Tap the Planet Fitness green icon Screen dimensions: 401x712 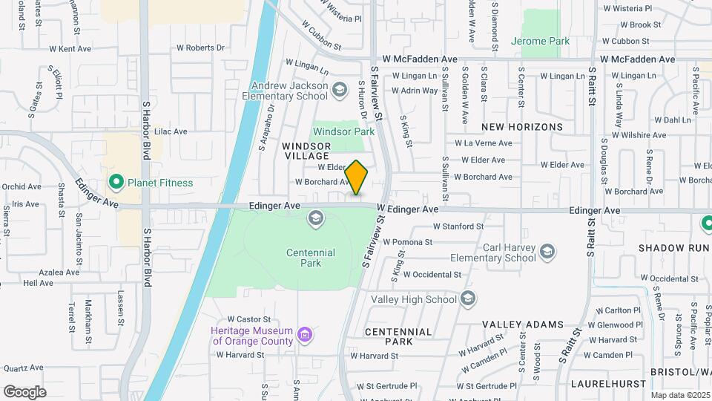(116, 182)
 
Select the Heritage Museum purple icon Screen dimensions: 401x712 (303, 336)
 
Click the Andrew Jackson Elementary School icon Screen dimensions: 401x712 (340, 90)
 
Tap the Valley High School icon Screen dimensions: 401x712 (468, 299)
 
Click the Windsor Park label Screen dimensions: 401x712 (343, 131)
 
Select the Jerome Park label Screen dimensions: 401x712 (541, 41)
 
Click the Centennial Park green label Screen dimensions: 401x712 (311, 258)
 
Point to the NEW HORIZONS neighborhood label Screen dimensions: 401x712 (522, 127)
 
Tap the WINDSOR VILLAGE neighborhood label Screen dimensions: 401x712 (306, 151)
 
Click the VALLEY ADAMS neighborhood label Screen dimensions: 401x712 (523, 325)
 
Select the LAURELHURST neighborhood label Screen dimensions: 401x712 (601, 384)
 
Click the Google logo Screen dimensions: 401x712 (24, 391)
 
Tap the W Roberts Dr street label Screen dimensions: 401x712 (200, 48)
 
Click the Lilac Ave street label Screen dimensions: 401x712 (171, 131)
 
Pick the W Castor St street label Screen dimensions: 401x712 (246, 318)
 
